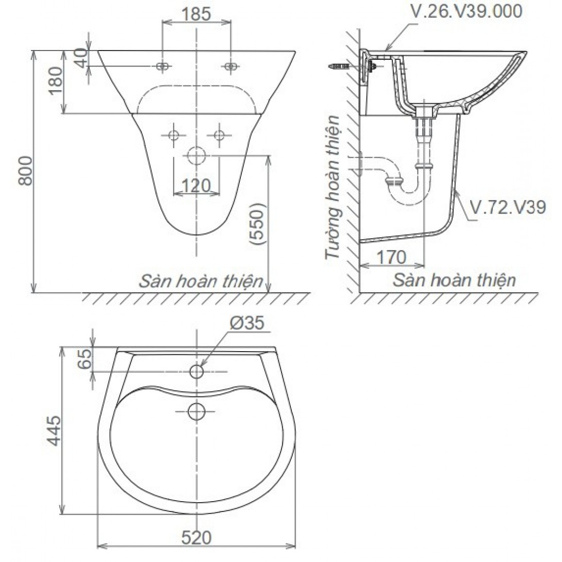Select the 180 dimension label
tap(56, 79)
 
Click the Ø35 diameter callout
tap(247, 323)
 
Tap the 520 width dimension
tap(196, 538)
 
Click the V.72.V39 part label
tap(507, 207)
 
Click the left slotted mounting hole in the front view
tap(163, 66)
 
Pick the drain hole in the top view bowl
tap(196, 411)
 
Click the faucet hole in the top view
tap(196, 371)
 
